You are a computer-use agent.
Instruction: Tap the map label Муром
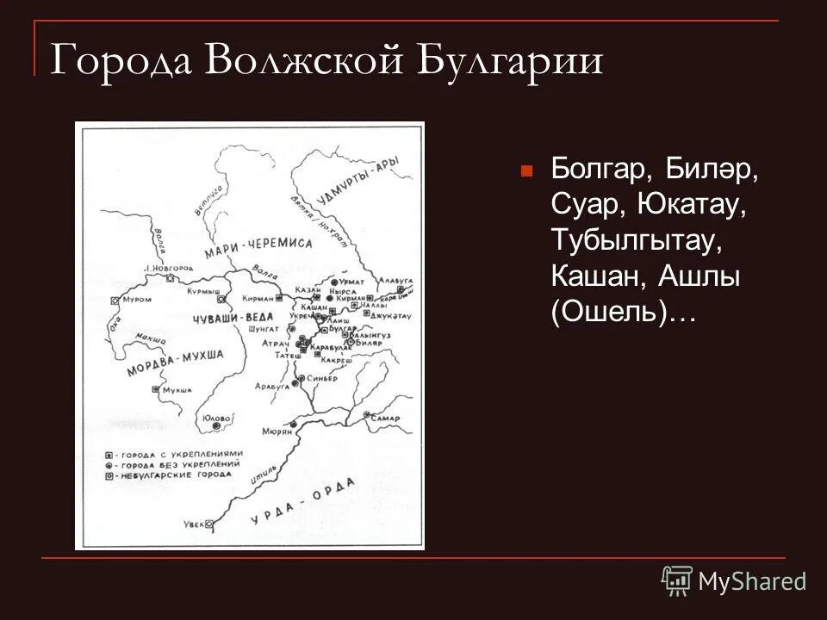coord(139,300)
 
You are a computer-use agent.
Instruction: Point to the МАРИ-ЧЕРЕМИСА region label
coord(258,244)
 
